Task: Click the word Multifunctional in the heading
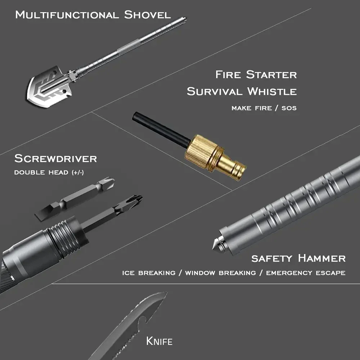click(67, 15)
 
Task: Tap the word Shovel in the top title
click(147, 15)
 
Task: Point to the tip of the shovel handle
click(185, 18)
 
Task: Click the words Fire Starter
click(256, 75)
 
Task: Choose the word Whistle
click(272, 91)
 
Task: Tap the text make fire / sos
click(264, 108)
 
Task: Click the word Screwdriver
click(55, 158)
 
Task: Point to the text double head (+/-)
click(49, 172)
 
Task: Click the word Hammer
click(322, 258)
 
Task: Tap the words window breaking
click(220, 273)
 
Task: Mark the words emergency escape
click(306, 273)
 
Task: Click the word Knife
click(159, 341)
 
